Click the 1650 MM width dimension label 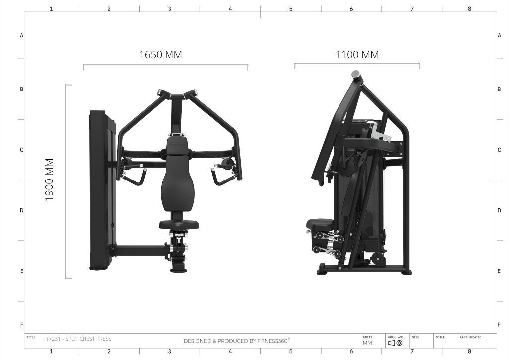[161, 55]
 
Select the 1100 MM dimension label [357, 55]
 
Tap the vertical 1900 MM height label [49, 180]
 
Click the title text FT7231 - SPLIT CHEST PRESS [77, 339]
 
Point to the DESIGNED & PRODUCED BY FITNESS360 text [237, 341]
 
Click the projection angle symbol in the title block [395, 343]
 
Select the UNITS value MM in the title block [367, 343]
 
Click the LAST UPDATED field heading [470, 337]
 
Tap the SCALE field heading [440, 337]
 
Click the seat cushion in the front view [179, 224]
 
